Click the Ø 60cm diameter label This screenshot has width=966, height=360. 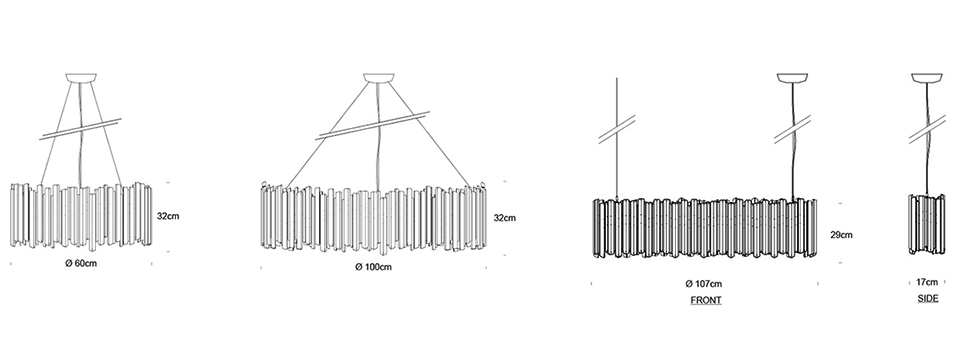tap(81, 264)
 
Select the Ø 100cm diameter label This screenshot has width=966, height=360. tap(373, 267)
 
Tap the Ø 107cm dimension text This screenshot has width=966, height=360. tap(704, 284)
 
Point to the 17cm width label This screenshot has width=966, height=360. tap(927, 282)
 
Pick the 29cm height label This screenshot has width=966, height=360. tap(842, 235)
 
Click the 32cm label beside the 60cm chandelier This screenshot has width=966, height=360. tap(168, 216)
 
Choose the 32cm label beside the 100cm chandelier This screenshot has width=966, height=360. tap(505, 218)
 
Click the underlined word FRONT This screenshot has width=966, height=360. tap(706, 301)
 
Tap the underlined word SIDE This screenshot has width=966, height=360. tap(928, 298)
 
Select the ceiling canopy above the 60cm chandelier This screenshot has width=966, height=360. tap(81, 78)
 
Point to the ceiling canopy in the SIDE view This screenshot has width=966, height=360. tap(927, 78)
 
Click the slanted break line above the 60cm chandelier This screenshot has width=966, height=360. tap(80, 129)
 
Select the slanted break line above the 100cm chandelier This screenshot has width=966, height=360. tap(372, 125)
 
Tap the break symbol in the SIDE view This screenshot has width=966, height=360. tap(927, 129)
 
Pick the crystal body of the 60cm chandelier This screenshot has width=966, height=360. tap(81, 215)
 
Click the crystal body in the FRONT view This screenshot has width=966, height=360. tap(705, 228)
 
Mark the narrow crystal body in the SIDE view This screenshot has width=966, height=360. tap(927, 224)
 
